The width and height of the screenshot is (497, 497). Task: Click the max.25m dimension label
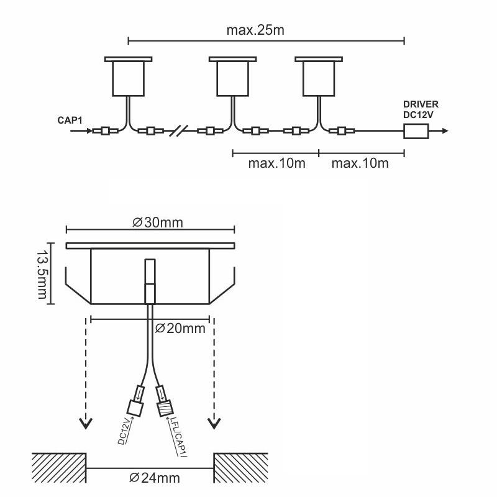click(x=255, y=30)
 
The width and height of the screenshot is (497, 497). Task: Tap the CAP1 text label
click(x=70, y=121)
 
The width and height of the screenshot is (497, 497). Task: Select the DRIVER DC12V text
click(x=421, y=109)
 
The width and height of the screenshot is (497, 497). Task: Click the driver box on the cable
click(x=416, y=131)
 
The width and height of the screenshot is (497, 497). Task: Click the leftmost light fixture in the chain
click(x=129, y=76)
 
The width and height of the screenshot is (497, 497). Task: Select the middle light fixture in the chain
click(x=232, y=76)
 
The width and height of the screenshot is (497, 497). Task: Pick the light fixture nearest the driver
click(x=319, y=76)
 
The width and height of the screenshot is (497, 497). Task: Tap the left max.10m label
click(x=276, y=163)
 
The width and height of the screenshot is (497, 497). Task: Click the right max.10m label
click(x=360, y=163)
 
